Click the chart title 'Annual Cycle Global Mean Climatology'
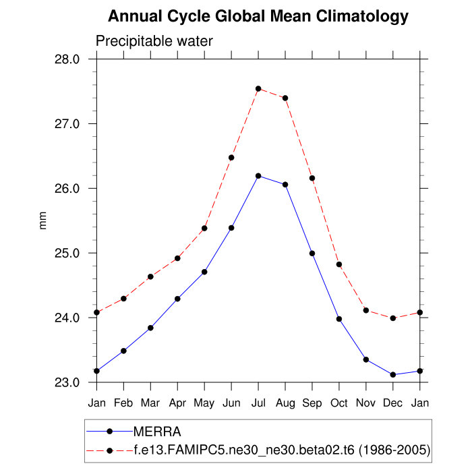[x=258, y=17]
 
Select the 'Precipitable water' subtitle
[x=154, y=41]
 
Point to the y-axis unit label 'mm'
[x=44, y=220]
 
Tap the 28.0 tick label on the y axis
[x=67, y=59]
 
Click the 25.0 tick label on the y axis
[x=67, y=254]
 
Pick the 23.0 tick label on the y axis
[x=67, y=383]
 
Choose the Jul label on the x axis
[x=258, y=403]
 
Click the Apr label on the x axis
[x=177, y=403]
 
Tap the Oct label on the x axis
[x=339, y=403]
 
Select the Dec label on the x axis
[x=393, y=403]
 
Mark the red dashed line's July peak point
[x=258, y=89]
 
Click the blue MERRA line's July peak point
[x=258, y=176]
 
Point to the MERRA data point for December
[x=393, y=375]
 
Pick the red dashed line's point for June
[x=231, y=158]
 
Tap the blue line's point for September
[x=312, y=254]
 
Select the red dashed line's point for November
[x=366, y=310]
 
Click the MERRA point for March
[x=150, y=328]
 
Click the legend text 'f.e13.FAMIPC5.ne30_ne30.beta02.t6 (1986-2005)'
[x=282, y=449]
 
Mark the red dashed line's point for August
[x=285, y=98]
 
